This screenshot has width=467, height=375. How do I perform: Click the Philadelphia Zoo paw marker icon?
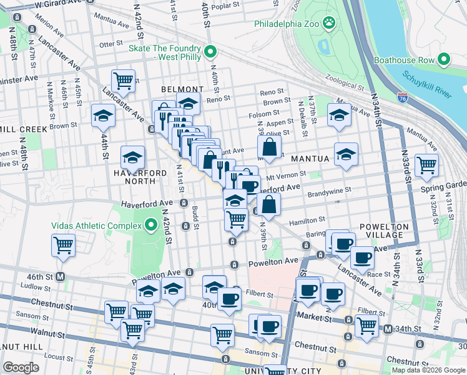point(329,24)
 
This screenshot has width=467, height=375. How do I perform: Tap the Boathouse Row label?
point(403,60)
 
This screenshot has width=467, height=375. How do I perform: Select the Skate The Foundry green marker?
point(211,51)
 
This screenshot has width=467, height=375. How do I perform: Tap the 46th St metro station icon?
point(61,276)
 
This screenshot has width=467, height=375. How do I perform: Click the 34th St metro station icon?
point(388,329)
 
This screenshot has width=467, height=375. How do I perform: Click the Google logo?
point(21,367)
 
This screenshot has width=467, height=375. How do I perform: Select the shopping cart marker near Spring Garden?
point(426,165)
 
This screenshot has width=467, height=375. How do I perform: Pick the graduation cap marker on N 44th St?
point(103,115)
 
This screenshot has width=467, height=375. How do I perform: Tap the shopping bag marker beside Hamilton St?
point(268,204)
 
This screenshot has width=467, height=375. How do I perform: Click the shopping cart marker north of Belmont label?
point(123,80)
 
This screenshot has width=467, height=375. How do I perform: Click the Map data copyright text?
point(428,370)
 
